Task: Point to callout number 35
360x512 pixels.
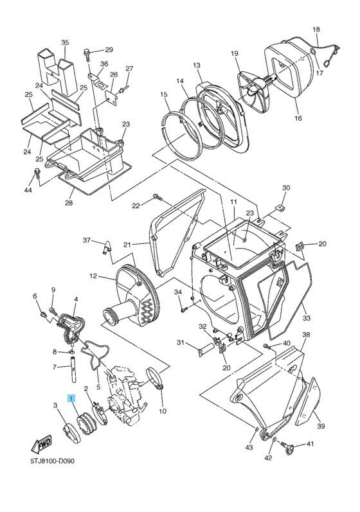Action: pos(64,42)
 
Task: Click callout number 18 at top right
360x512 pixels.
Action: pos(316,30)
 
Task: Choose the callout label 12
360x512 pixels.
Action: pos(93,276)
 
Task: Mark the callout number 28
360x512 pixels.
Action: pos(68,203)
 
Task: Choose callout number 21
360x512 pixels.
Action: pos(127,245)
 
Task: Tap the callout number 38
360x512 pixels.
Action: pos(306,335)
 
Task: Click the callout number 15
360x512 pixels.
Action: pos(164,94)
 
